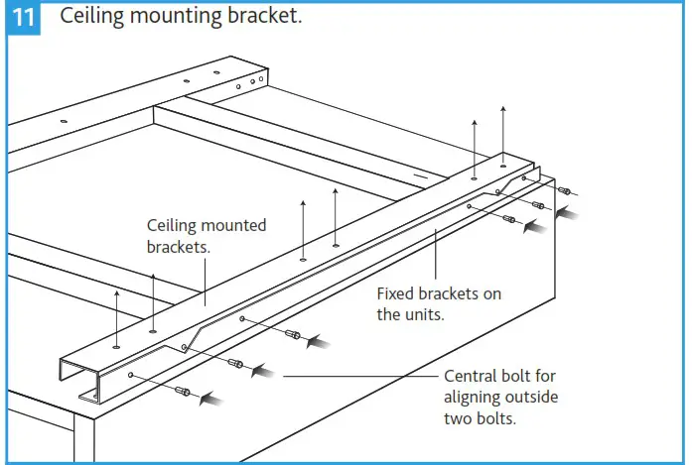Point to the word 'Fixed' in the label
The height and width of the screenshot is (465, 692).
[397, 294]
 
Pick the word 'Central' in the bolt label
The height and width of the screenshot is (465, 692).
[473, 377]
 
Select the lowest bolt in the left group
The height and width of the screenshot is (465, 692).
[183, 392]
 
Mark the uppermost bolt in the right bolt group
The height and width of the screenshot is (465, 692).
[563, 190]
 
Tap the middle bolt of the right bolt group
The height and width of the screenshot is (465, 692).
[538, 205]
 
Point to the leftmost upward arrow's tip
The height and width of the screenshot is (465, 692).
[117, 291]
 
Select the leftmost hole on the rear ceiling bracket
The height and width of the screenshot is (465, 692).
[64, 122]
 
